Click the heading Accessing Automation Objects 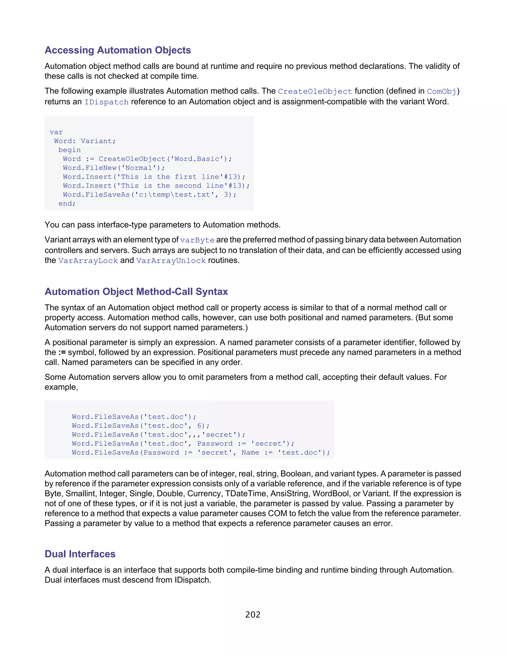click(x=118, y=50)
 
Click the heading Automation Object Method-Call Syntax click(x=136, y=291)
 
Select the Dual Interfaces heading click(x=80, y=554)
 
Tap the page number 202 click(x=253, y=614)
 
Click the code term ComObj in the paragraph click(x=441, y=91)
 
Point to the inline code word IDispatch click(x=106, y=102)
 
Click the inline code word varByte click(x=197, y=240)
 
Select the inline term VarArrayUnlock click(x=171, y=261)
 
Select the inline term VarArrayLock click(x=88, y=261)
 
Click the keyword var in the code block click(x=56, y=132)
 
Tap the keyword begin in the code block click(x=69, y=150)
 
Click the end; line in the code click(x=67, y=204)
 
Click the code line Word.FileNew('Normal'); click(x=114, y=168)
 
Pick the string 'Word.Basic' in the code click(x=197, y=159)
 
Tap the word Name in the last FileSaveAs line click(x=250, y=453)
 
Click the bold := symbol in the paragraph click(x=62, y=352)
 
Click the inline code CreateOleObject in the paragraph click(x=315, y=91)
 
